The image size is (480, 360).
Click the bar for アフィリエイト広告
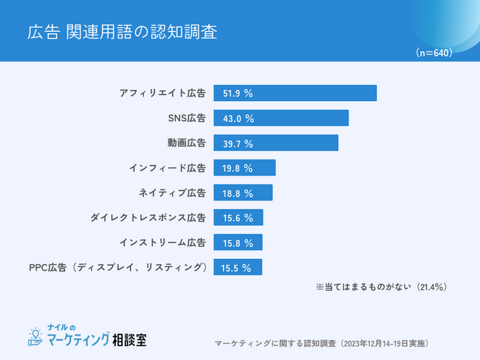[295, 94]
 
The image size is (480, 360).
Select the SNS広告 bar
[281, 118]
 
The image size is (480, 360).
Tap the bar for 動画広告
[275, 143]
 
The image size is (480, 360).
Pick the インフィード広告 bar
[244, 168]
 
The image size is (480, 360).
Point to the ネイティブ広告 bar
[243, 193]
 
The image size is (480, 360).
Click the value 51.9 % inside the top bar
[238, 94]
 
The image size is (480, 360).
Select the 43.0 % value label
[238, 118]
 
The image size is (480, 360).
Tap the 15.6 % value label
[238, 218]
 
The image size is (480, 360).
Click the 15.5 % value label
[237, 268]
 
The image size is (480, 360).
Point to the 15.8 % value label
[238, 243]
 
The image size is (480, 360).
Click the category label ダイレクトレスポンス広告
[148, 218]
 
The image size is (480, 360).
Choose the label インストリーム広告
[162, 243]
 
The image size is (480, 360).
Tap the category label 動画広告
[186, 143]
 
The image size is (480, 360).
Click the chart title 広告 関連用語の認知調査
[123, 32]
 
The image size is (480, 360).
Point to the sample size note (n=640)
[434, 52]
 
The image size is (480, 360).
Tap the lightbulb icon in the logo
[34, 336]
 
